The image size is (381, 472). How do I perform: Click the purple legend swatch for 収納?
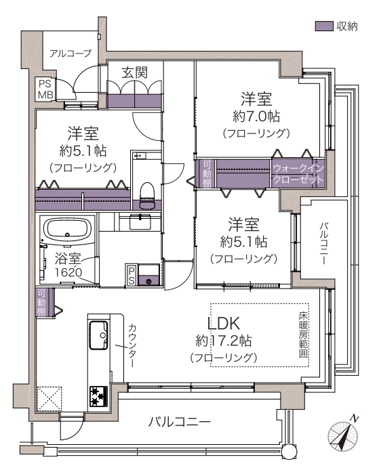click(x=324, y=26)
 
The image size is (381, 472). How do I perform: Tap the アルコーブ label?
click(x=71, y=53)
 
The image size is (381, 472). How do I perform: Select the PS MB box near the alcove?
click(x=45, y=89)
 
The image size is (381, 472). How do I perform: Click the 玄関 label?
click(x=135, y=72)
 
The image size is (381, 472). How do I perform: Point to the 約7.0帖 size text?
click(x=256, y=116)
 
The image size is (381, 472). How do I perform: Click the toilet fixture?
click(x=147, y=195)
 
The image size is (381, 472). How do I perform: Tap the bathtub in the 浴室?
click(x=67, y=229)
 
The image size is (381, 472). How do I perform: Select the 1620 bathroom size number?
click(x=68, y=272)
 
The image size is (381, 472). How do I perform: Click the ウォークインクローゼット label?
click(x=298, y=173)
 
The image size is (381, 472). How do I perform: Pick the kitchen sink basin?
click(x=98, y=335)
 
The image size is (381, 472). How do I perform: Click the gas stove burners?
click(x=98, y=396)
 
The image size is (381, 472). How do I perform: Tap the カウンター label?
click(x=132, y=345)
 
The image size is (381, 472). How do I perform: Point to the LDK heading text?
click(x=223, y=323)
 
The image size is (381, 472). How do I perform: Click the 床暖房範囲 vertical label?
click(x=303, y=335)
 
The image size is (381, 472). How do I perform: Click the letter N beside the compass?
click(x=355, y=418)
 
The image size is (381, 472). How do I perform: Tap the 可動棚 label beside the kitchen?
click(x=41, y=303)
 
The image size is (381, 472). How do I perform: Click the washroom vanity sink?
click(x=140, y=221)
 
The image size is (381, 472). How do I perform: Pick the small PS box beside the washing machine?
click(x=132, y=275)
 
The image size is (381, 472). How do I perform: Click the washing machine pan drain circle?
click(x=148, y=282)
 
